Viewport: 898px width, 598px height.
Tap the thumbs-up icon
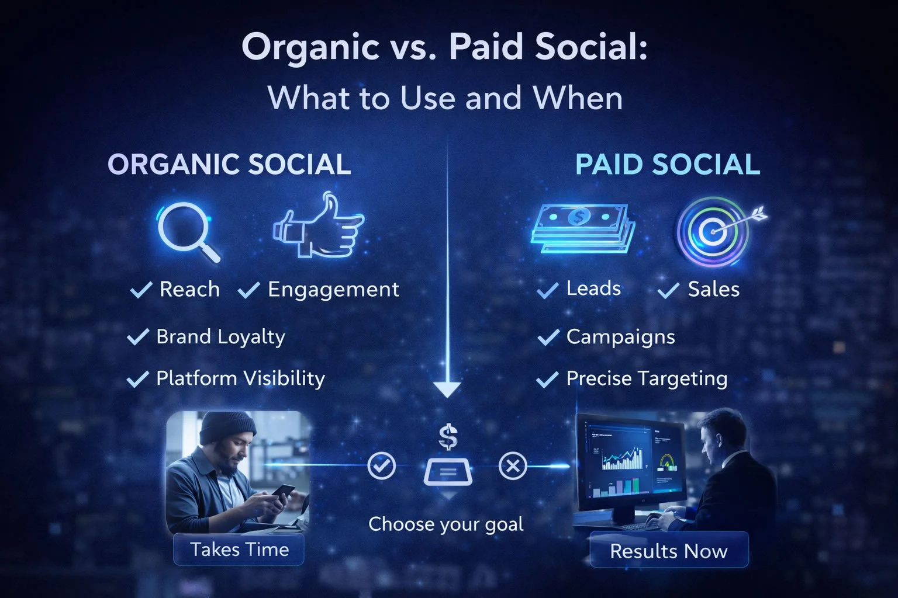pyautogui.click(x=319, y=228)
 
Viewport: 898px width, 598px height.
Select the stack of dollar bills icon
pyautogui.click(x=582, y=228)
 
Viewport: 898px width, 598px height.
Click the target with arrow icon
pyautogui.click(x=716, y=231)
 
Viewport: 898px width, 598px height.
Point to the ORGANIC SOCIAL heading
pyautogui.click(x=229, y=165)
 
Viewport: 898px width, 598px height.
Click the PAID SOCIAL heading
pyautogui.click(x=667, y=165)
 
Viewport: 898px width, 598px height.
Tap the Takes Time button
pyautogui.click(x=239, y=550)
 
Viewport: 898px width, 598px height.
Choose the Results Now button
pyautogui.click(x=668, y=551)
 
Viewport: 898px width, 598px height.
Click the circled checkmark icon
pyautogui.click(x=381, y=465)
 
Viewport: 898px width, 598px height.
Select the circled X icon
pyautogui.click(x=513, y=466)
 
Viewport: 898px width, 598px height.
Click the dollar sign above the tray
pyautogui.click(x=448, y=437)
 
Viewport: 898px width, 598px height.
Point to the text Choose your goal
pyautogui.click(x=445, y=524)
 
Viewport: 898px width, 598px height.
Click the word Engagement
pyautogui.click(x=333, y=290)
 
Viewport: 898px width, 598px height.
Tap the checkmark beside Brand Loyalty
pyautogui.click(x=138, y=337)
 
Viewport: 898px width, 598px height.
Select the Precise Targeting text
pyautogui.click(x=647, y=378)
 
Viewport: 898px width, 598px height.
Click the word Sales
pyautogui.click(x=713, y=289)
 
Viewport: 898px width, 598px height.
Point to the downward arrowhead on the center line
pyautogui.click(x=447, y=390)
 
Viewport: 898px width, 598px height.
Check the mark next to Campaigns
pyautogui.click(x=548, y=338)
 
